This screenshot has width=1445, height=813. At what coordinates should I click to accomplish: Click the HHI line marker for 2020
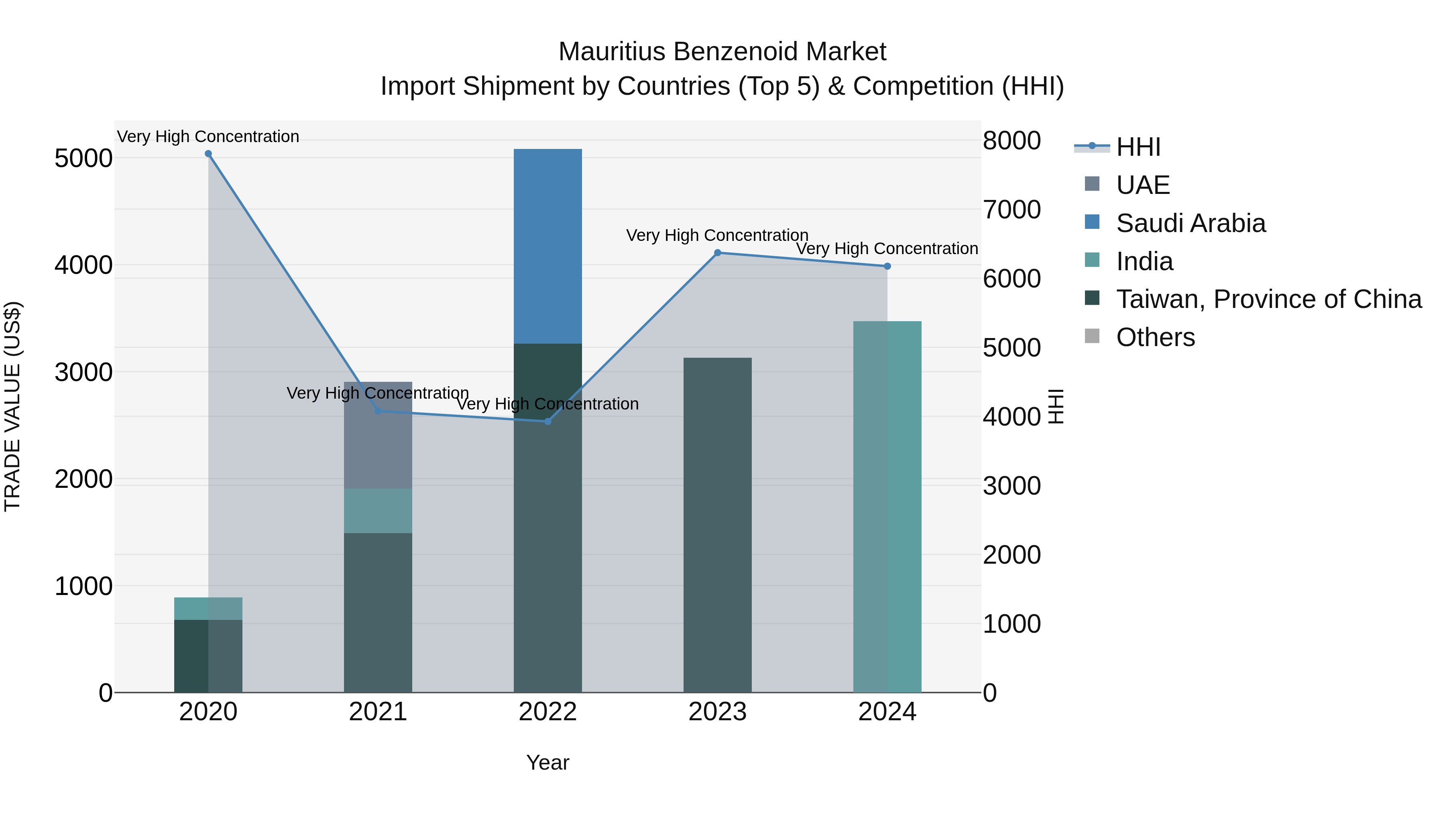point(208,154)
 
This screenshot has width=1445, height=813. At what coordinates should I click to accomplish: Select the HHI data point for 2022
point(548,422)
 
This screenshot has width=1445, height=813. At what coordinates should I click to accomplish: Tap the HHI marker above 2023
point(717,253)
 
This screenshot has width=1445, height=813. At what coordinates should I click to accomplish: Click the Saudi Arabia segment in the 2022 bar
point(548,247)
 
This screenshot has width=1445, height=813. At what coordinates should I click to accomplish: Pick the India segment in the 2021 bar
point(378,511)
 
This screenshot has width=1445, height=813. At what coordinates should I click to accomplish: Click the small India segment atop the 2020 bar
point(208,608)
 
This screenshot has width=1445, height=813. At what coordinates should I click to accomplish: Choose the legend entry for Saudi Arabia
point(1191,223)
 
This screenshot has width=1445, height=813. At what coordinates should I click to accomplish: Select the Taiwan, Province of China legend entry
point(1268,299)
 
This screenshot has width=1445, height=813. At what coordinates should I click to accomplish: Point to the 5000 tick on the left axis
point(83,158)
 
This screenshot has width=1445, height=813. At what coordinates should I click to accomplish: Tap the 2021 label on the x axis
point(378,712)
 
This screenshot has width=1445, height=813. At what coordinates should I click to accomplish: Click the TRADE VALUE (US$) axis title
point(13,406)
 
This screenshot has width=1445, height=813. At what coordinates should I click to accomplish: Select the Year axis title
point(547,762)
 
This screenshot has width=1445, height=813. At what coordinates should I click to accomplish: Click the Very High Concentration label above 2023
point(717,235)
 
